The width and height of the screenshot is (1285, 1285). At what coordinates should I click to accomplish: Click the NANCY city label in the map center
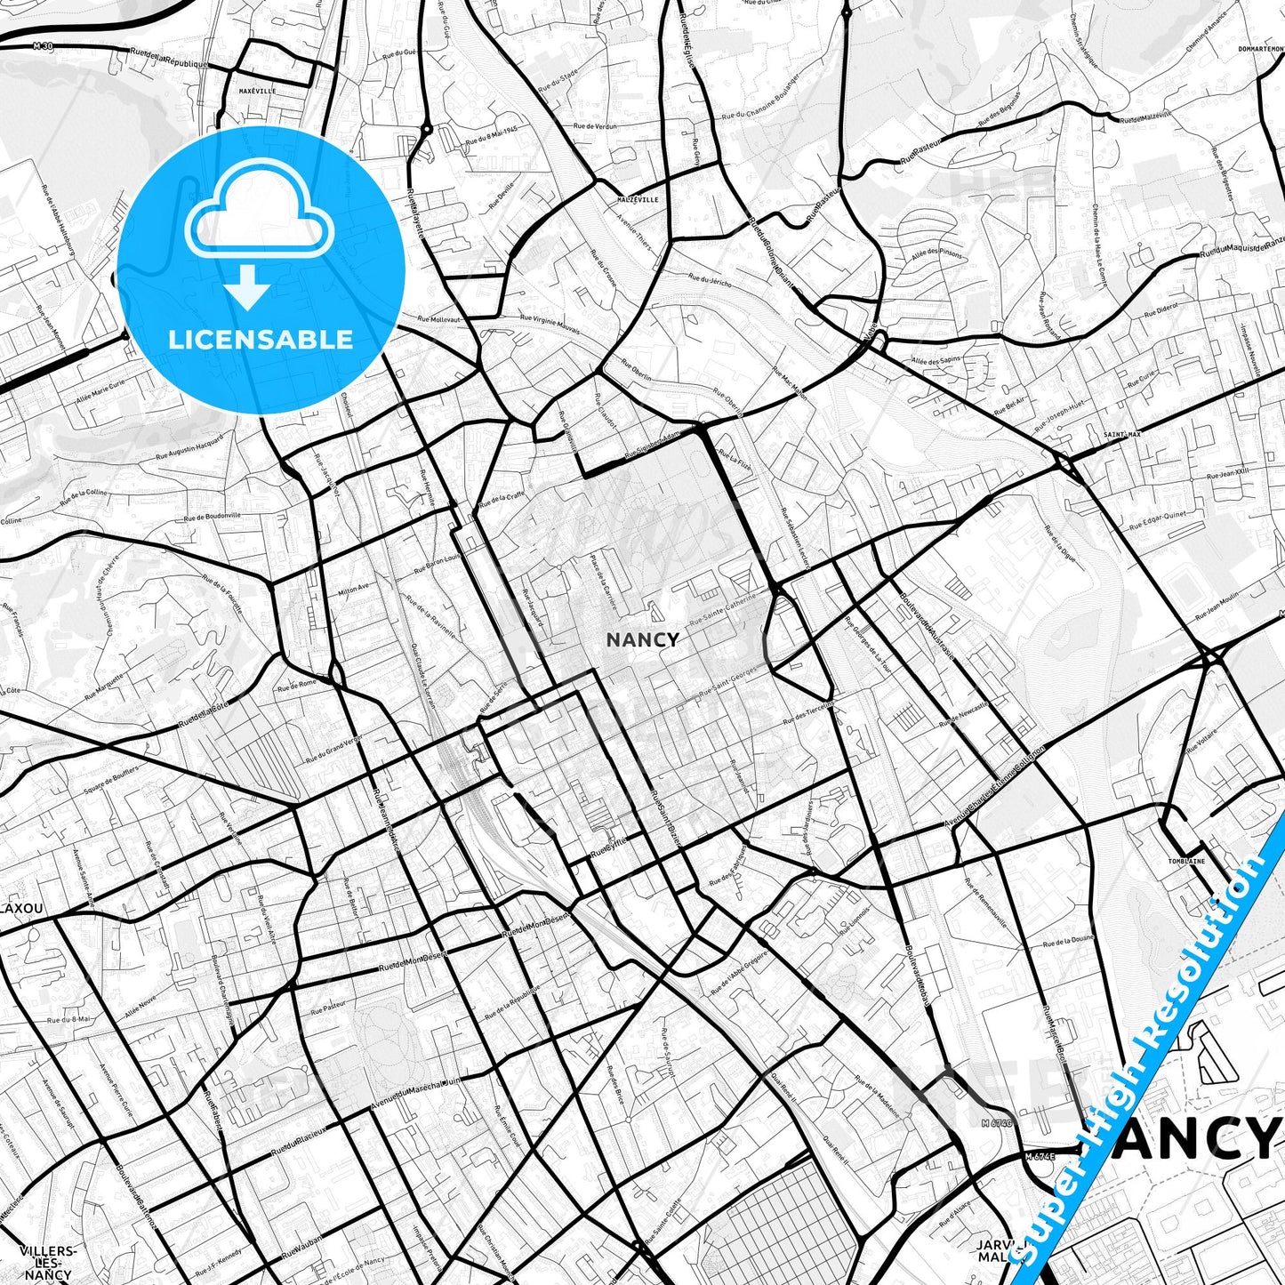coord(642,639)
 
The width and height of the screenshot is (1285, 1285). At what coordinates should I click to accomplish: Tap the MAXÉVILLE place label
coord(258,92)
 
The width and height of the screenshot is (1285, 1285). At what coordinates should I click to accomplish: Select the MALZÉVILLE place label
coord(638,200)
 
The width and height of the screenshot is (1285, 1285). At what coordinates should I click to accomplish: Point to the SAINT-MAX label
coord(1121,435)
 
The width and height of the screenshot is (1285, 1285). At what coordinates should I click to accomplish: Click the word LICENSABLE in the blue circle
coord(261,339)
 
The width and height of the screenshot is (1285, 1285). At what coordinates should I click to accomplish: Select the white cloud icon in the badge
coord(259,213)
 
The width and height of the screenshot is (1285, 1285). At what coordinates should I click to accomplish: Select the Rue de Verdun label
coord(595,126)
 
